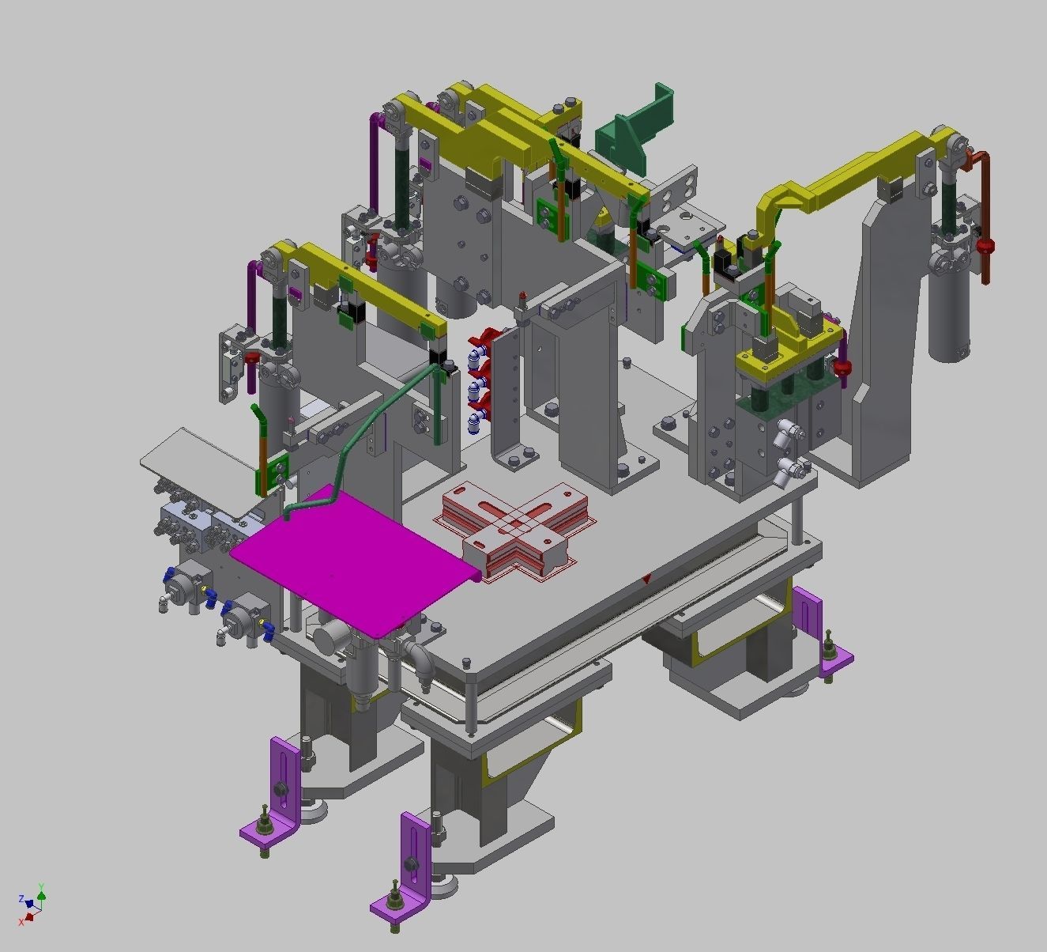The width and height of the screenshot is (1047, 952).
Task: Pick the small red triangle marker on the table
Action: [x=647, y=580]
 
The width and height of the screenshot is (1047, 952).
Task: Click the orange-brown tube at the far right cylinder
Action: [x=985, y=213]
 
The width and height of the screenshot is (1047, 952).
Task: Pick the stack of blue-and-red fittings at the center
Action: [x=478, y=380]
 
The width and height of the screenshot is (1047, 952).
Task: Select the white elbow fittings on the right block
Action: [x=790, y=451]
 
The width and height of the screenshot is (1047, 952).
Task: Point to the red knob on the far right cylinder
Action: [x=985, y=246]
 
